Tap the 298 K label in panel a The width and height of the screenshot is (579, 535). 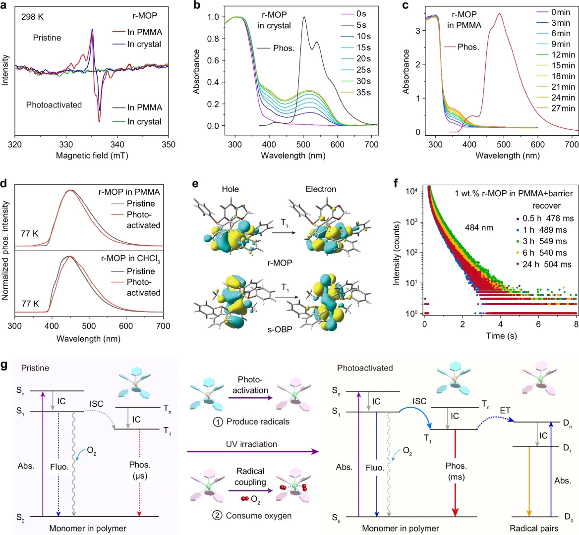point(32,17)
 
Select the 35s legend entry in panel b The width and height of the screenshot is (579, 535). point(363,93)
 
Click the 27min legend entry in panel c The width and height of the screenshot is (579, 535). point(563,108)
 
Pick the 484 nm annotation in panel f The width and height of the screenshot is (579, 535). point(479,228)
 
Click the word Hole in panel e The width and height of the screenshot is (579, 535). point(230,189)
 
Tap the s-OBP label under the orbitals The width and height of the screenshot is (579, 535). point(280,329)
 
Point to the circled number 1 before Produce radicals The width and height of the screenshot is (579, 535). point(218,422)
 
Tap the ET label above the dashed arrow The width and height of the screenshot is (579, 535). point(505,411)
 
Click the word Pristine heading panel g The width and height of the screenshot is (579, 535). point(35,368)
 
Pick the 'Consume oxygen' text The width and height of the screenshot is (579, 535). point(258,516)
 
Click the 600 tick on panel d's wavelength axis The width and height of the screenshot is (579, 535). point(126,326)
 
